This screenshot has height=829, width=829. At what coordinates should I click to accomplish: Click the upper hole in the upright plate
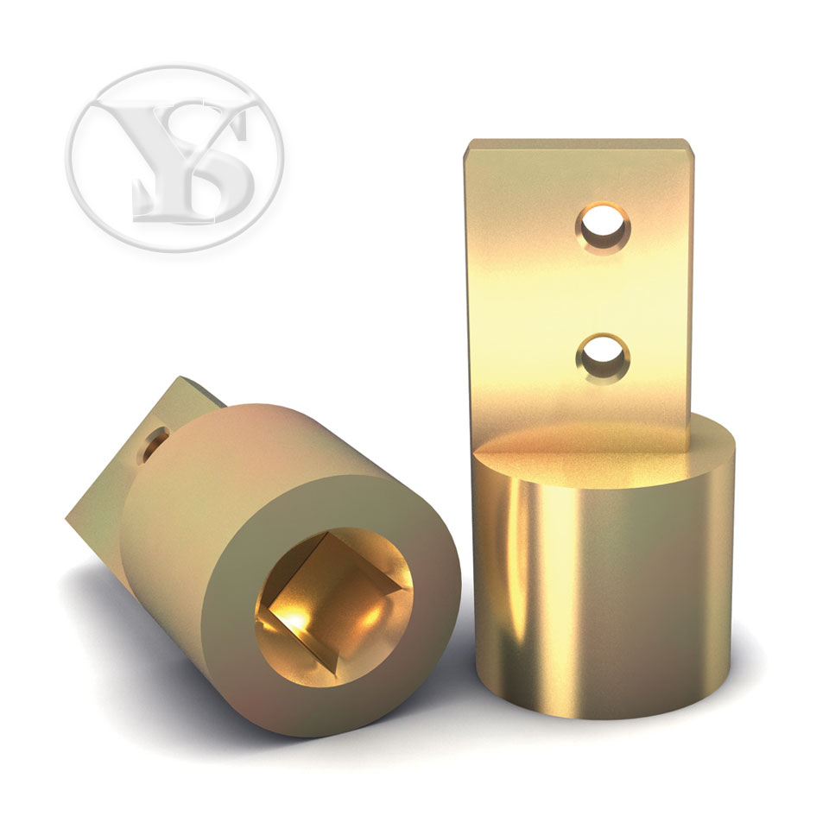point(603,228)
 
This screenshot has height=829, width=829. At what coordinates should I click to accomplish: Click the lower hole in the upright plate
point(603,358)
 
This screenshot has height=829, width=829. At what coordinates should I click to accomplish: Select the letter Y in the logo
point(159,154)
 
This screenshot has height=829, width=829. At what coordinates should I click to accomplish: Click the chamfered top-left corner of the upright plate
point(468,147)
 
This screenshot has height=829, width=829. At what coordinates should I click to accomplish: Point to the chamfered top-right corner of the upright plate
point(688,147)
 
